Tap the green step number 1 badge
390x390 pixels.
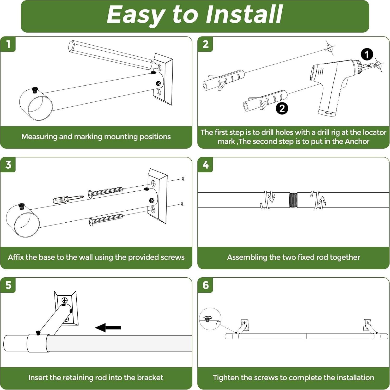tap(8, 44)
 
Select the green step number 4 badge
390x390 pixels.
tap(205, 165)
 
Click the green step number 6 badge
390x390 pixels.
tap(205, 285)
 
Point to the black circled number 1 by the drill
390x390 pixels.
tap(367, 54)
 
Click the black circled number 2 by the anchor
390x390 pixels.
tap(282, 108)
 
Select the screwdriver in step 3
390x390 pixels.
tap(68, 199)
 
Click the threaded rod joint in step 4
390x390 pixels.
tap(293, 200)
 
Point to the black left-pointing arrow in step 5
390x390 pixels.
tap(108, 327)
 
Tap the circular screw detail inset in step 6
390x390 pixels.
tap(210, 319)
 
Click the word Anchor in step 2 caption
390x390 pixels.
tap(357, 141)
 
